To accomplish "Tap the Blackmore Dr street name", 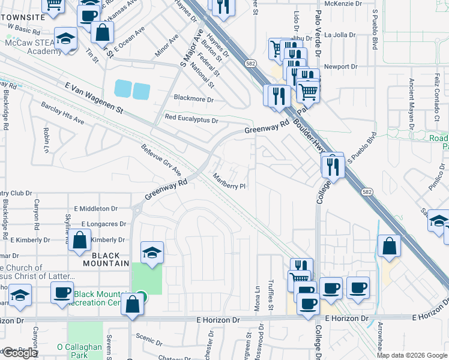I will click(194, 98).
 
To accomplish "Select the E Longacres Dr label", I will click(103, 224).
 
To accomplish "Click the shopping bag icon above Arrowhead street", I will click(389, 245).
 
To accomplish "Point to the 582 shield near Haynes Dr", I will click(250, 62).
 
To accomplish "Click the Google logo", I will click(20, 353).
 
